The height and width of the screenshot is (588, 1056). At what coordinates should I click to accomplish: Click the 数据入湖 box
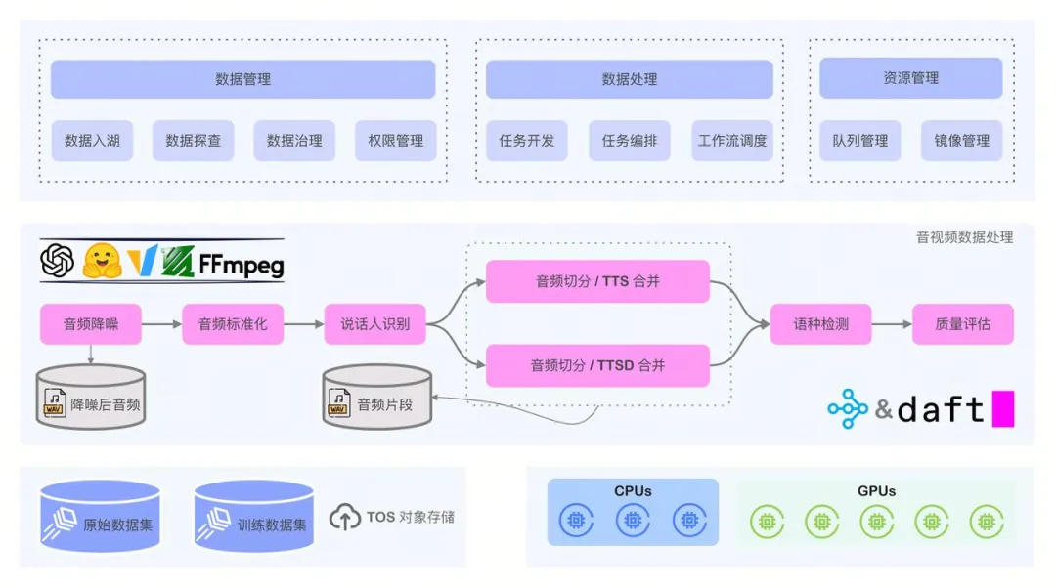click(x=92, y=141)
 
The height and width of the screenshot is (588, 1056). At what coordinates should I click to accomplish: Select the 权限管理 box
click(x=395, y=141)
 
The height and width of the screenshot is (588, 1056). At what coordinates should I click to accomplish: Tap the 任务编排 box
click(x=629, y=141)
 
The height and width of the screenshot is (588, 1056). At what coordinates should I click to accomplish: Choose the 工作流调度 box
click(x=732, y=141)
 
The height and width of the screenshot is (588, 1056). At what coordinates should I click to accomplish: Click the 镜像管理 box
click(x=961, y=141)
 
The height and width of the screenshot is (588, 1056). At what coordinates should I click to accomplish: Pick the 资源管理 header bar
click(x=910, y=78)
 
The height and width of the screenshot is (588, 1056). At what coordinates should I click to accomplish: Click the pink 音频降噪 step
click(x=91, y=324)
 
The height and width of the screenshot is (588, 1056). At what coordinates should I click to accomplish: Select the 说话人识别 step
click(x=374, y=324)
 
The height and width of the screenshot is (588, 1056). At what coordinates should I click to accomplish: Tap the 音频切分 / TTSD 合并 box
click(x=597, y=366)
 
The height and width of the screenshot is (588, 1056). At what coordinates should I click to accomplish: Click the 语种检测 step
click(x=820, y=324)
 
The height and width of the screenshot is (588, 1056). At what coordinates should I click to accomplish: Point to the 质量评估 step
click(x=962, y=324)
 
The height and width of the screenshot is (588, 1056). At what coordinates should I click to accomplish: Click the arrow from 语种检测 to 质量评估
click(x=891, y=324)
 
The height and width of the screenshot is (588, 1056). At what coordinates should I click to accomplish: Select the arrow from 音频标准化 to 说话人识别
click(x=304, y=324)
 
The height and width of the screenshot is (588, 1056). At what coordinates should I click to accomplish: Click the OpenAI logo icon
click(x=58, y=261)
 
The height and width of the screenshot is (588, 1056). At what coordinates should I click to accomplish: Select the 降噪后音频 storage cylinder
click(x=90, y=397)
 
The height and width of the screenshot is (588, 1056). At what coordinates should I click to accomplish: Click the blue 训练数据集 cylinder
click(x=253, y=518)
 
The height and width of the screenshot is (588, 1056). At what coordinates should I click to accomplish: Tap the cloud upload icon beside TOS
click(x=344, y=517)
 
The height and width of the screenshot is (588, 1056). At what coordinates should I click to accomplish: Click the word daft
click(x=940, y=410)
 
